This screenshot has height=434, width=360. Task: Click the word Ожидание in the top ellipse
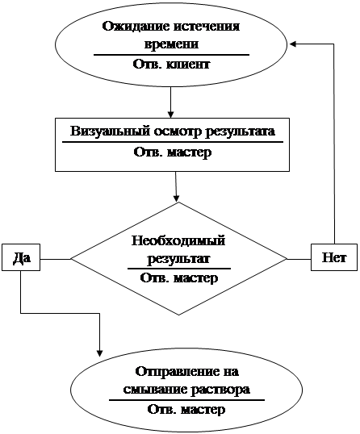(136, 27)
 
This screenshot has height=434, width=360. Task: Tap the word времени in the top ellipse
(171, 44)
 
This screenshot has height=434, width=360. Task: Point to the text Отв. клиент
(171, 65)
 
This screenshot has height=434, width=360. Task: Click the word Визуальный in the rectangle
(110, 131)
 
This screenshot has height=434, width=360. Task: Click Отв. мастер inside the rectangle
(173, 152)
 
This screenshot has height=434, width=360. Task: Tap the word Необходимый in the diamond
(178, 240)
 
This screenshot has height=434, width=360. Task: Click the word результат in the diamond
(178, 259)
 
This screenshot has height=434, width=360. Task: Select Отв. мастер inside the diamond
(179, 278)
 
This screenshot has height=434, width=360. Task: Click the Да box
(21, 257)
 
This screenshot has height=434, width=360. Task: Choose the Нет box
(334, 257)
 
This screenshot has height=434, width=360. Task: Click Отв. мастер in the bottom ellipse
(186, 409)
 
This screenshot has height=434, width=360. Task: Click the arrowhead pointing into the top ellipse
(293, 44)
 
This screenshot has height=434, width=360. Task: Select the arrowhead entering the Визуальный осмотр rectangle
(171, 115)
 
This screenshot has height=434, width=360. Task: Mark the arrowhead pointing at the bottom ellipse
(100, 353)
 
